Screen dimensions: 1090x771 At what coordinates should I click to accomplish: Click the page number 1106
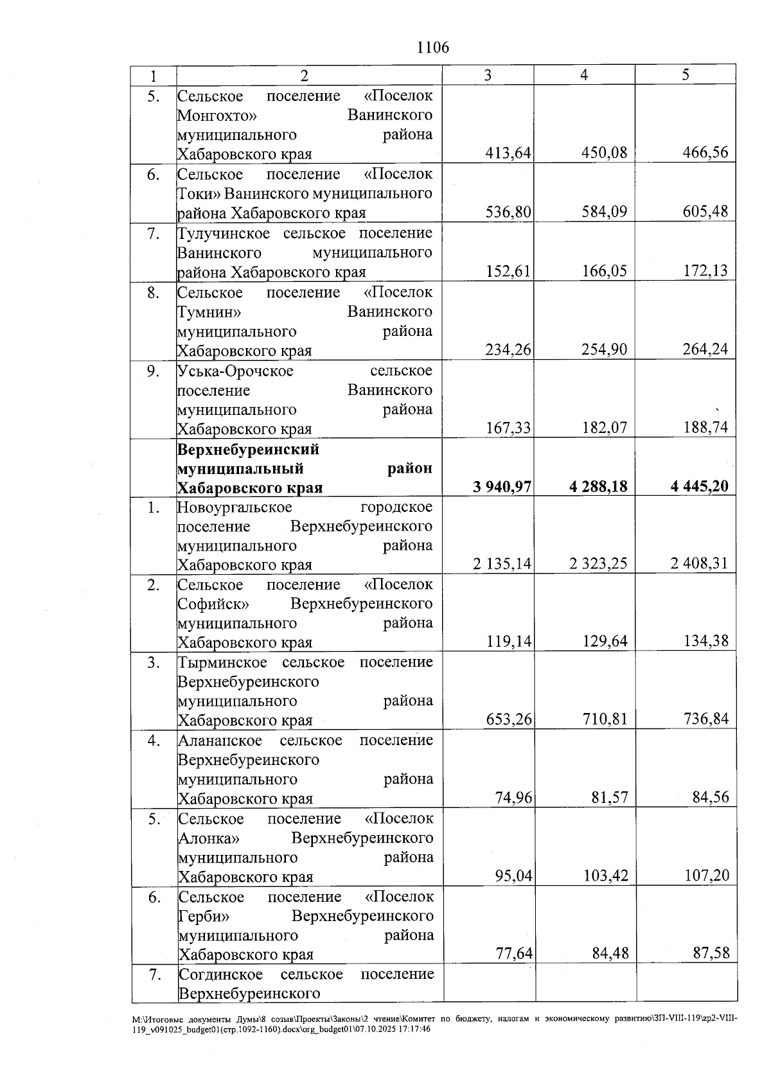(432, 48)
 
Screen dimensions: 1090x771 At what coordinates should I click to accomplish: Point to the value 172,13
(705, 270)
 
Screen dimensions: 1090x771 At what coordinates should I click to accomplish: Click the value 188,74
(705, 428)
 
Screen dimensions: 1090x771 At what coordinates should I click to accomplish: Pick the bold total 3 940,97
(502, 486)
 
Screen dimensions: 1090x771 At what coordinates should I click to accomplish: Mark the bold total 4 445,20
(699, 486)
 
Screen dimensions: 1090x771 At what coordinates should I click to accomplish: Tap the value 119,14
(509, 641)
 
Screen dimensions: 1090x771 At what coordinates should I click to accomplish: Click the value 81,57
(610, 798)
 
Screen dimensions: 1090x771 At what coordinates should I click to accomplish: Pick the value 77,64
(514, 953)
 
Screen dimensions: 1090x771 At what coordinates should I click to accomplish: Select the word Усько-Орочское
(235, 371)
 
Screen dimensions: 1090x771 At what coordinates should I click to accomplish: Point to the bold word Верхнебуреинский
(248, 449)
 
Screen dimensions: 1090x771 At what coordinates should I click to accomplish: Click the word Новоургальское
(235, 507)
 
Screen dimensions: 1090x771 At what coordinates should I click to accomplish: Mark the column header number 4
(584, 75)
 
